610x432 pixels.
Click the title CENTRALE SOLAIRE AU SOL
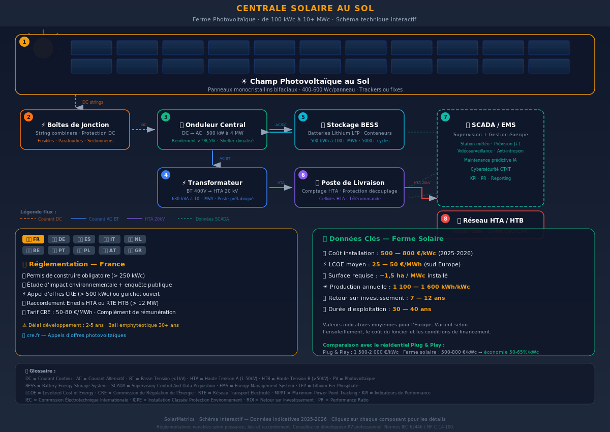tap(305, 9)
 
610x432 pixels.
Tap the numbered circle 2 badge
tap(28, 117)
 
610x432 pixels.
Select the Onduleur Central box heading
tap(212, 125)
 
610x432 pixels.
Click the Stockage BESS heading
tap(349, 125)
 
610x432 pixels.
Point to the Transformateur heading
tap(212, 183)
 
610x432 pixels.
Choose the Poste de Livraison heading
tap(350, 183)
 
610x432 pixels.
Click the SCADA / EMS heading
tap(491, 125)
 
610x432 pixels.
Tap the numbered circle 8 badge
tap(445, 219)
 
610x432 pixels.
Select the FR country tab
tap(33, 239)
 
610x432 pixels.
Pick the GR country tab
tap(135, 251)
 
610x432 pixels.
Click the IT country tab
tap(109, 239)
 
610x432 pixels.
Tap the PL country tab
tap(84, 251)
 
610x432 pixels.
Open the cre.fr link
tap(74, 335)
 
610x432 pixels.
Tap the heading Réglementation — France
tap(76, 264)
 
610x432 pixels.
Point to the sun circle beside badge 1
tap(43, 48)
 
